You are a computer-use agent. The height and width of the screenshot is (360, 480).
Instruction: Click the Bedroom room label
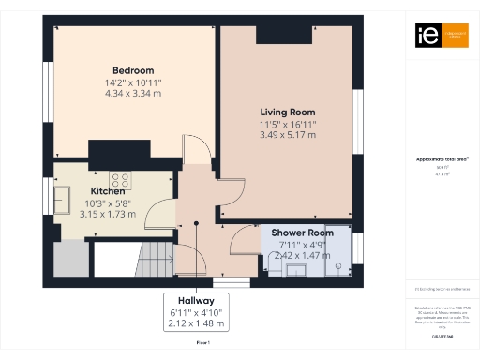pos(133,70)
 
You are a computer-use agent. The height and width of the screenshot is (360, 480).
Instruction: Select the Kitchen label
pos(108,190)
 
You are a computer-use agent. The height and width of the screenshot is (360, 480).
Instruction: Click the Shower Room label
pos(302,232)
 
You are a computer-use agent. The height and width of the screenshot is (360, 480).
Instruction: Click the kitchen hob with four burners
pos(121,178)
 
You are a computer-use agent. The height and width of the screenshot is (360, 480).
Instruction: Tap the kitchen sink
pos(65,199)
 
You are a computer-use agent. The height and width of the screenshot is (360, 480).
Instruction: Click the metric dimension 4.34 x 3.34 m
pos(133,94)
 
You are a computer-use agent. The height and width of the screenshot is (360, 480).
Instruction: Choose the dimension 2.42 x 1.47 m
pos(302,254)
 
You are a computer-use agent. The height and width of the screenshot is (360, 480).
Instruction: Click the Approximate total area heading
pos(436,159)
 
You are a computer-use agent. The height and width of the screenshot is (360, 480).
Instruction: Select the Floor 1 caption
pos(202,344)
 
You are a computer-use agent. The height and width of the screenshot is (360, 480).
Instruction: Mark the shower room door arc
pos(245,242)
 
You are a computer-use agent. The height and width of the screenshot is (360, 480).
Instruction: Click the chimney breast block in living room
pos(285,34)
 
